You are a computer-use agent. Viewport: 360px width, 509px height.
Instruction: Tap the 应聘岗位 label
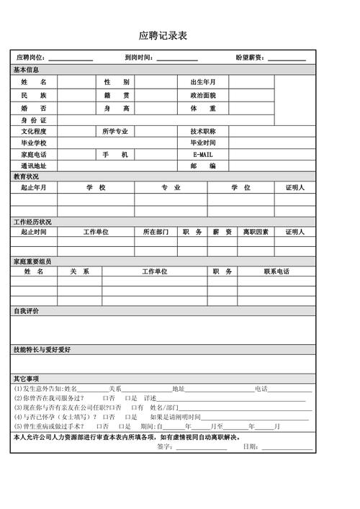click(x=31, y=58)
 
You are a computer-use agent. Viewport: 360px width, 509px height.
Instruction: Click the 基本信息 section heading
click(x=27, y=70)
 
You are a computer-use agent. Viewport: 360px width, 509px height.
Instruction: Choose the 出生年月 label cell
click(x=203, y=83)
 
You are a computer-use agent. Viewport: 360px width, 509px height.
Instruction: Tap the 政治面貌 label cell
click(x=203, y=95)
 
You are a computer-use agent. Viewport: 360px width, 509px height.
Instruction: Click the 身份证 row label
click(x=33, y=120)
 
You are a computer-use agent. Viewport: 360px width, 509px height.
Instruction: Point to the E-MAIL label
click(x=203, y=155)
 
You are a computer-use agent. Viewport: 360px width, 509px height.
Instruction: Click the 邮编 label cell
click(x=203, y=166)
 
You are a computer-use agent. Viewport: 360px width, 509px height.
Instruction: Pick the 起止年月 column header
click(x=33, y=188)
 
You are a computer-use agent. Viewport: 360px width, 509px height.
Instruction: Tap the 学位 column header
click(x=240, y=188)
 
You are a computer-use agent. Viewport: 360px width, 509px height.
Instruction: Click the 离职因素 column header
click(x=256, y=232)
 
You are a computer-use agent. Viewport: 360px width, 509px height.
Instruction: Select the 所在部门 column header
click(x=156, y=232)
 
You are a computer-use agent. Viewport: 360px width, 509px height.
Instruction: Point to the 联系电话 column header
click(x=276, y=271)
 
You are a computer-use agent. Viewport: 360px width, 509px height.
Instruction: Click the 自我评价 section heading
click(x=27, y=311)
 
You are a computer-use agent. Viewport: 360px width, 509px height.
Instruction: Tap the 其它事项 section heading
click(x=27, y=379)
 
